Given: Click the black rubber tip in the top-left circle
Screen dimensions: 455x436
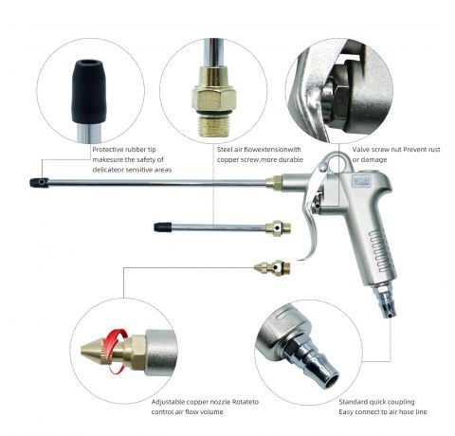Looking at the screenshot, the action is tap(88, 91).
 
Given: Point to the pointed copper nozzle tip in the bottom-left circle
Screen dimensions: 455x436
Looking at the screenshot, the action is tap(95, 351).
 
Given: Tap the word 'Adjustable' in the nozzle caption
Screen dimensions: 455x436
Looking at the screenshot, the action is tap(168, 402).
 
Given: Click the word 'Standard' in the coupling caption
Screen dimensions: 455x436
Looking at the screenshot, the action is tap(352, 402).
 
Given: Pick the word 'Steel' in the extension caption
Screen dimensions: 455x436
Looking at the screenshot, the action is tap(225, 150).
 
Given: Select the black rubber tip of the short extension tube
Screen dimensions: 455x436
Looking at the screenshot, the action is tap(163, 227).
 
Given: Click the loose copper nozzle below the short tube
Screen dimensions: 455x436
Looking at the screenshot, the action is tap(273, 268).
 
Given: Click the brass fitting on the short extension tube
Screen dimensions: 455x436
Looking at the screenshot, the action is tap(278, 227).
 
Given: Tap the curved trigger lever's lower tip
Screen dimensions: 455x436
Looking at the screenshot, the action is tap(300, 260).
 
